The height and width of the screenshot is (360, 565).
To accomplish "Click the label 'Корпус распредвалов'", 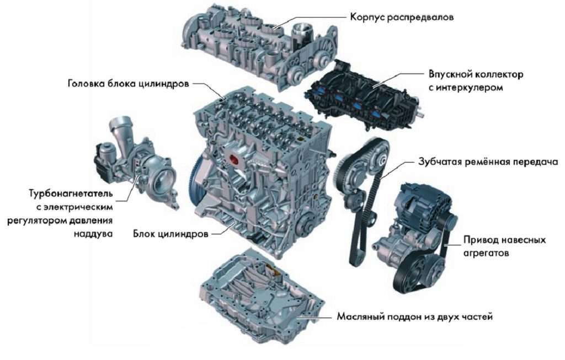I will pos(402,17).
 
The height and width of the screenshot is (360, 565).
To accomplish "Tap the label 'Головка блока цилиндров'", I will pos(129,84).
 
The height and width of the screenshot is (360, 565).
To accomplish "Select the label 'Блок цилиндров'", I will pos(170,234).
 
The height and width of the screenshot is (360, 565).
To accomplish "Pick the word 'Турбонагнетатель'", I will pos(71,194).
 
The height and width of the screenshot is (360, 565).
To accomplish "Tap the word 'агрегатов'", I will pos(485,254).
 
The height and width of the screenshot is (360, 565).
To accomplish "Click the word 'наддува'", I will pos(94,234).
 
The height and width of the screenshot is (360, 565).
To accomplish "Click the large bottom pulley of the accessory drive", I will pos(414,273).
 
